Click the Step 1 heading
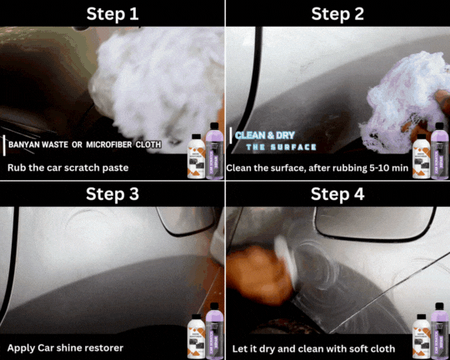pos(112,13)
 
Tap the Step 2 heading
pos(337,13)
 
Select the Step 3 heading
pos(112,194)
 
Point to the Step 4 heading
pos(337,194)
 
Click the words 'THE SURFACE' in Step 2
pos(281,147)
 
